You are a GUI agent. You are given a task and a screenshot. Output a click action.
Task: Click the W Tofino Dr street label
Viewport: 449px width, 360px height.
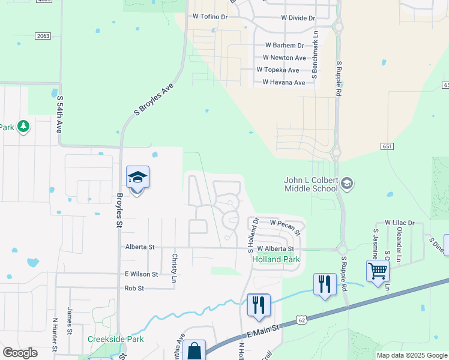210,17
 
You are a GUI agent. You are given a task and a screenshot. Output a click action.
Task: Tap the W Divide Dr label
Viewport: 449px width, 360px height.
295,18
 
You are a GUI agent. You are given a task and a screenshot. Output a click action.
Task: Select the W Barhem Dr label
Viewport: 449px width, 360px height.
285,45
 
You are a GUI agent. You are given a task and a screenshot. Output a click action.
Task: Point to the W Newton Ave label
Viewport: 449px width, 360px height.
285,58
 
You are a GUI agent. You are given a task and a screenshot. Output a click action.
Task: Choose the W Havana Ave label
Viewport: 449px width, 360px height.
283,82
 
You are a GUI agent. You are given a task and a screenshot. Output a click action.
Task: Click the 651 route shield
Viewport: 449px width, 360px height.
387,146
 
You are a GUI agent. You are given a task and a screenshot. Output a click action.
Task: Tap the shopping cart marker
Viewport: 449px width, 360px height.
378,271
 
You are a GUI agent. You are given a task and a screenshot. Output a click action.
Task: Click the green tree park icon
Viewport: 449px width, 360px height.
23,126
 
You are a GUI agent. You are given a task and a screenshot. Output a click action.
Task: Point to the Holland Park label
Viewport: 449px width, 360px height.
276,260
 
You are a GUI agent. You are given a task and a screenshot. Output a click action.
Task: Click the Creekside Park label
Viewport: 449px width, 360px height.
116,339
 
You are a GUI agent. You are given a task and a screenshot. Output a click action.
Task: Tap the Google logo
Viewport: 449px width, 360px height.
20,353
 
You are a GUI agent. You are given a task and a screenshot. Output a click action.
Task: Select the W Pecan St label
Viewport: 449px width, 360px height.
285,223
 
